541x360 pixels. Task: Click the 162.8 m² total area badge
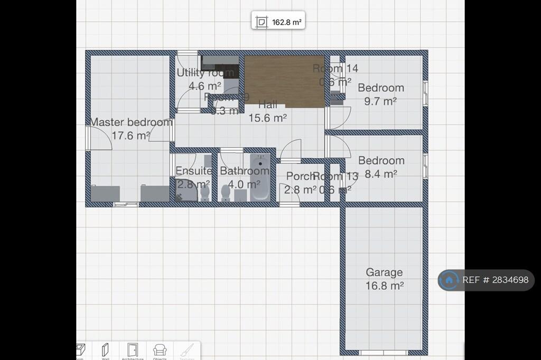click(278, 23)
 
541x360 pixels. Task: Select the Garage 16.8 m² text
click(385, 279)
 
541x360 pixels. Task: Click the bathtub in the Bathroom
click(260, 176)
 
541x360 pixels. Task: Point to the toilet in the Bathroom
click(226, 193)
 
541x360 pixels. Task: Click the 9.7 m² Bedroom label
click(381, 94)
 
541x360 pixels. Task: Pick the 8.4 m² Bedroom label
click(381, 167)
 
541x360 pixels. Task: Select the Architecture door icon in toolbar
click(132, 349)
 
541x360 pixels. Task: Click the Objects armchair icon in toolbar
click(160, 349)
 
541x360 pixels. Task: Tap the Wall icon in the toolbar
click(105, 349)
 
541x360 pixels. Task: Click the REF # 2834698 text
click(495, 280)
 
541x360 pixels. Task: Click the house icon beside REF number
click(449, 280)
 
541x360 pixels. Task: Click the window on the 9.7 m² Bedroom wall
click(425, 92)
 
